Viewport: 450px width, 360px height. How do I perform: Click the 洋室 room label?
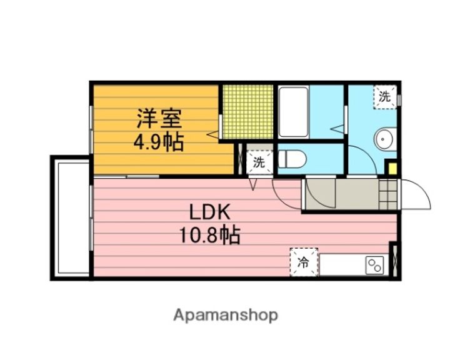(x=159, y=119)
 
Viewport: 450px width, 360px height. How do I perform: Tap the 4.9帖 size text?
(x=159, y=142)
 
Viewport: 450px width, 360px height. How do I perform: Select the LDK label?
(x=210, y=212)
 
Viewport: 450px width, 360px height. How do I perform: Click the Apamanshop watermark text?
(x=226, y=316)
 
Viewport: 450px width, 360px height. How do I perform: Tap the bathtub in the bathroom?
(x=294, y=112)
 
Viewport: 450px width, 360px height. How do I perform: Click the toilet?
(x=292, y=159)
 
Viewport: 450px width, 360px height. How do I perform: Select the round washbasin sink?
(x=383, y=139)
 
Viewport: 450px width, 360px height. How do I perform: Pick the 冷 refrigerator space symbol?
(x=304, y=262)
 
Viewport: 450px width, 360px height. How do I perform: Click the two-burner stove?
(x=374, y=266)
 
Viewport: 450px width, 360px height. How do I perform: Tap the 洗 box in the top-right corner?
(x=385, y=97)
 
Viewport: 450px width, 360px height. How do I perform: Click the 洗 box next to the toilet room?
(x=259, y=162)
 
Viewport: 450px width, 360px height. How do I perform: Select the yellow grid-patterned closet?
(x=248, y=112)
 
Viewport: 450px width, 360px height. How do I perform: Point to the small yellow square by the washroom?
(x=392, y=169)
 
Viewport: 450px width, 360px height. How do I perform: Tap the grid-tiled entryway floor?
(x=388, y=194)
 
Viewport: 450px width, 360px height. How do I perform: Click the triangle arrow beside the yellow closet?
(x=213, y=134)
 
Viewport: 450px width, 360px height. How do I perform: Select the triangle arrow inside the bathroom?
(x=337, y=129)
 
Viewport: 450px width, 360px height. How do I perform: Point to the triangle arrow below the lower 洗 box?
(x=252, y=184)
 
